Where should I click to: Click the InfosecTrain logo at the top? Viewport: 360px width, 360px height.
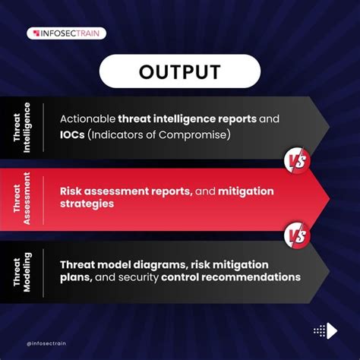point(66,33)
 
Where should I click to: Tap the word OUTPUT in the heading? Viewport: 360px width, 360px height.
point(180,72)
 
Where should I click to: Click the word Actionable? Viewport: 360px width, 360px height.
point(87,119)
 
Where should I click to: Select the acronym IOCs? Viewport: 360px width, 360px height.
point(74,135)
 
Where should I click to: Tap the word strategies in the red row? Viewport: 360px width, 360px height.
point(87,204)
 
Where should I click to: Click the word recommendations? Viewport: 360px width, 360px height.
point(252,277)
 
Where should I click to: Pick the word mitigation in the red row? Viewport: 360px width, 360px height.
point(246,191)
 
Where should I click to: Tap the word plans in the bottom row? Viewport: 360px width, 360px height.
point(76,277)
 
